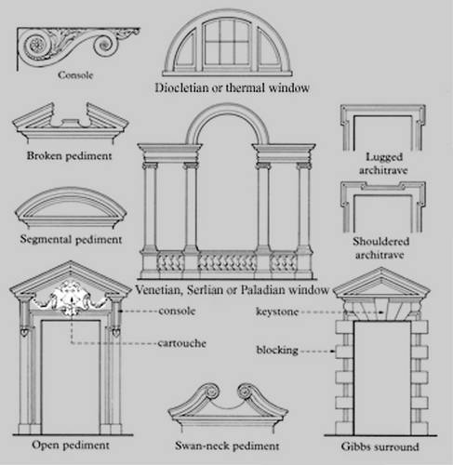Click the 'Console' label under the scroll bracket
pyautogui.click(x=75, y=75)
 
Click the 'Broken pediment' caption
pyautogui.click(x=69, y=155)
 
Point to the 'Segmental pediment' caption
pyautogui.click(x=71, y=239)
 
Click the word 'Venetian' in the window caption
pyautogui.click(x=157, y=290)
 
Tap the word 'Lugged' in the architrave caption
pyautogui.click(x=384, y=157)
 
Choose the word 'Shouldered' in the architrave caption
pyautogui.click(x=381, y=241)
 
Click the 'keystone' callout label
pyautogui.click(x=277, y=312)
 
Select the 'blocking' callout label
pyautogui.click(x=277, y=350)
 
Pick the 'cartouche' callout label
pyautogui.click(x=182, y=343)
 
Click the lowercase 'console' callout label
pyautogui.click(x=177, y=311)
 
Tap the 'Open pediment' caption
pyautogui.click(x=71, y=445)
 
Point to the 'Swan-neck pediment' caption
pyautogui.click(x=227, y=445)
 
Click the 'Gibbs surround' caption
pyautogui.click(x=380, y=446)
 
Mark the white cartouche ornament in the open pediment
pyautogui.click(x=71, y=298)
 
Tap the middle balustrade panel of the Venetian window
pyautogui.click(x=227, y=262)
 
